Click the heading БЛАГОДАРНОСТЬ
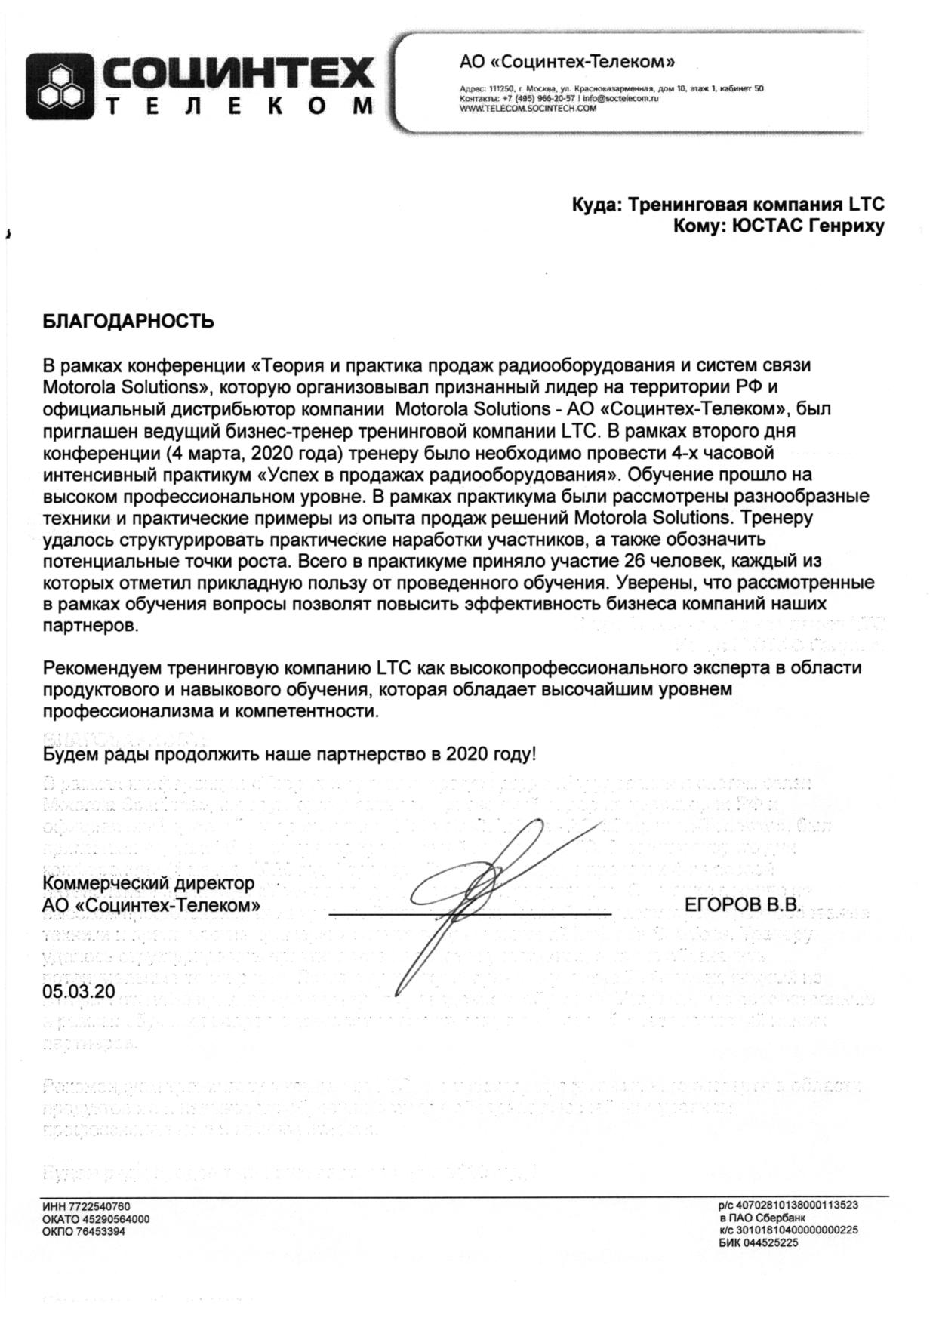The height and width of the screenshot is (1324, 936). coord(128,322)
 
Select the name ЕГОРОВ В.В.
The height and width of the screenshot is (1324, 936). coord(742,905)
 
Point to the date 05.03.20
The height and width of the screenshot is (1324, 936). coord(79,991)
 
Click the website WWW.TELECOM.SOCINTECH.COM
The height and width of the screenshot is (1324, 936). coord(528,108)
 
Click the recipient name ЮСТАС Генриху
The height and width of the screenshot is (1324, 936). coord(808,226)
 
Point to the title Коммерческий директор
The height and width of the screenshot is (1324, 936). coord(149,883)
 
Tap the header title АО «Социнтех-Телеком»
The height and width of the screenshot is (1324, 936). coord(567,61)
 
